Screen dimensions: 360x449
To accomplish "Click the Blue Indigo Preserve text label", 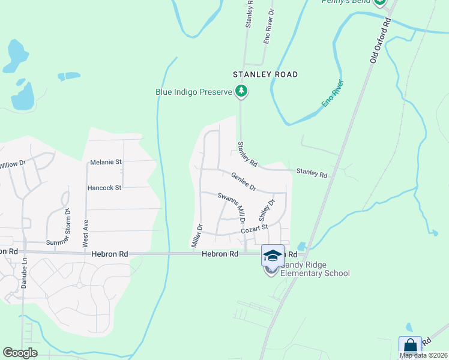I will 193,92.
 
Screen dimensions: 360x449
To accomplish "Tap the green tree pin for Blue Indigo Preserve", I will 241,91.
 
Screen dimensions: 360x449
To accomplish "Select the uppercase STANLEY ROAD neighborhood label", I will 265,74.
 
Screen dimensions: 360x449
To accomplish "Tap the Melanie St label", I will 106,162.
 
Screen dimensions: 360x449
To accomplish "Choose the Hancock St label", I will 104,188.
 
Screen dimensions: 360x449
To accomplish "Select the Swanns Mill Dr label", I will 232,208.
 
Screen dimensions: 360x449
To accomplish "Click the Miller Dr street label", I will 196,235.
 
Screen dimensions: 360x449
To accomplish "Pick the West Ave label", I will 86,233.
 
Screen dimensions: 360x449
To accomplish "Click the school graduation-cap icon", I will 273,256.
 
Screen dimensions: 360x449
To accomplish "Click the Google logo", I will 20,353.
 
